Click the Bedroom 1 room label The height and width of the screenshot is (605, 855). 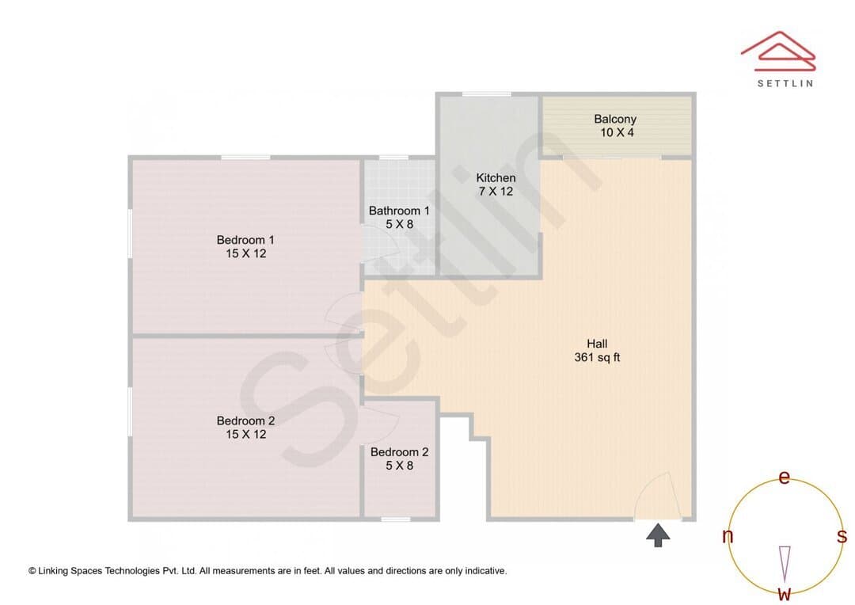[x=245, y=246]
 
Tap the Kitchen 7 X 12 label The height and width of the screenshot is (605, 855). [x=496, y=185]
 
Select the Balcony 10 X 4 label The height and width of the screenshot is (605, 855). [x=616, y=125]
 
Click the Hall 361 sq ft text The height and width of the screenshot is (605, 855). [x=597, y=350]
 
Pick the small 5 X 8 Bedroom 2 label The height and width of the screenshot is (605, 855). [x=399, y=459]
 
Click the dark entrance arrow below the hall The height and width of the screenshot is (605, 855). [x=658, y=535]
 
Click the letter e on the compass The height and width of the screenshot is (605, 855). [x=784, y=478]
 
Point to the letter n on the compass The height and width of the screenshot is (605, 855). [x=728, y=537]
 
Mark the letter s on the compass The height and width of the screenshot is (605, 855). [x=842, y=536]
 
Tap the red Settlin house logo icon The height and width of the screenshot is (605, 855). [x=778, y=51]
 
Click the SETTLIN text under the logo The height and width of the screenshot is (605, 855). [x=785, y=83]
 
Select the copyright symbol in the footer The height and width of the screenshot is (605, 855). [x=32, y=571]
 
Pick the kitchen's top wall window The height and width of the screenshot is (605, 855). [x=486, y=94]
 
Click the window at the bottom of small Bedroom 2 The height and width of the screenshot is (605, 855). [x=395, y=519]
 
